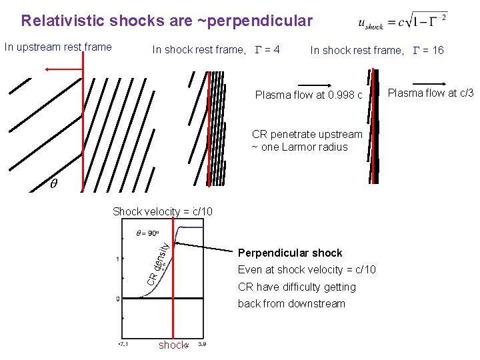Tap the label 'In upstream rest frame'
tap(58, 47)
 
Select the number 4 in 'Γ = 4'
tap(276, 50)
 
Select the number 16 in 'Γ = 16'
tap(437, 50)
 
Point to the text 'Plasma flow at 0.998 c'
tap(309, 95)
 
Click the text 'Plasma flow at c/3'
tap(431, 93)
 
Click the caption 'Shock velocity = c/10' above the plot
tap(163, 211)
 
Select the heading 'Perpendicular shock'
tap(290, 253)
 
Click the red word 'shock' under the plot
tap(173, 345)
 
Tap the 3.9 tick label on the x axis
tap(203, 345)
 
